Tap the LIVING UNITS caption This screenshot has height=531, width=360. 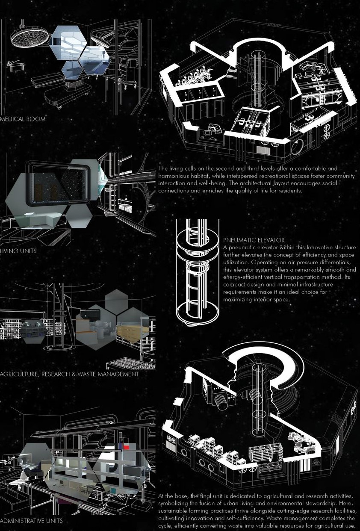coord(18,251)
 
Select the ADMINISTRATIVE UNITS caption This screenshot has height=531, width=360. coord(31,521)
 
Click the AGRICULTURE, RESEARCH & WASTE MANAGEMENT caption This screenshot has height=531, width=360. coord(69,374)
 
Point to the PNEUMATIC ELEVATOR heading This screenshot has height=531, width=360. coord(254,240)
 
